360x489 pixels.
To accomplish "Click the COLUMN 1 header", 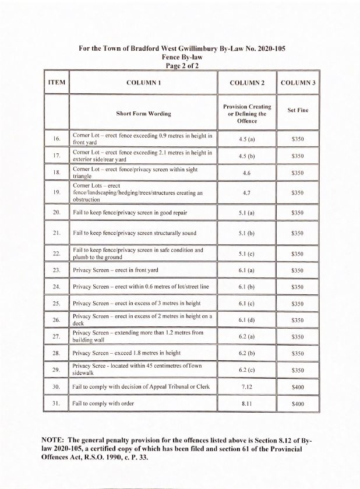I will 143,83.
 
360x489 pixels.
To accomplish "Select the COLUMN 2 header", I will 247,83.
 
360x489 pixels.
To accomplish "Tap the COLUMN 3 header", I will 298,83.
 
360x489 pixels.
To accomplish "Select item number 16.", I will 57,139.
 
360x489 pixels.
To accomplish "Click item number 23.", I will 57,271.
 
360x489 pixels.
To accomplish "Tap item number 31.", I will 57,403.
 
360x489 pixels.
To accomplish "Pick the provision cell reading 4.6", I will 247,173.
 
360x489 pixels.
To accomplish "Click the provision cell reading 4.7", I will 247,192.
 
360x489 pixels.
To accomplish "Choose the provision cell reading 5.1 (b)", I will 247,233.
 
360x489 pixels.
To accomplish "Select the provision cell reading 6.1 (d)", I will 247,320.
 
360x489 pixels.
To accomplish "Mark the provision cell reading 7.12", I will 247,387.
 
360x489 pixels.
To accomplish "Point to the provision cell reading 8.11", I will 247,403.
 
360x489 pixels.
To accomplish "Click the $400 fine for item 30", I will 298,387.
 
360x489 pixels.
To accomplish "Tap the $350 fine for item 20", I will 298,213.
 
